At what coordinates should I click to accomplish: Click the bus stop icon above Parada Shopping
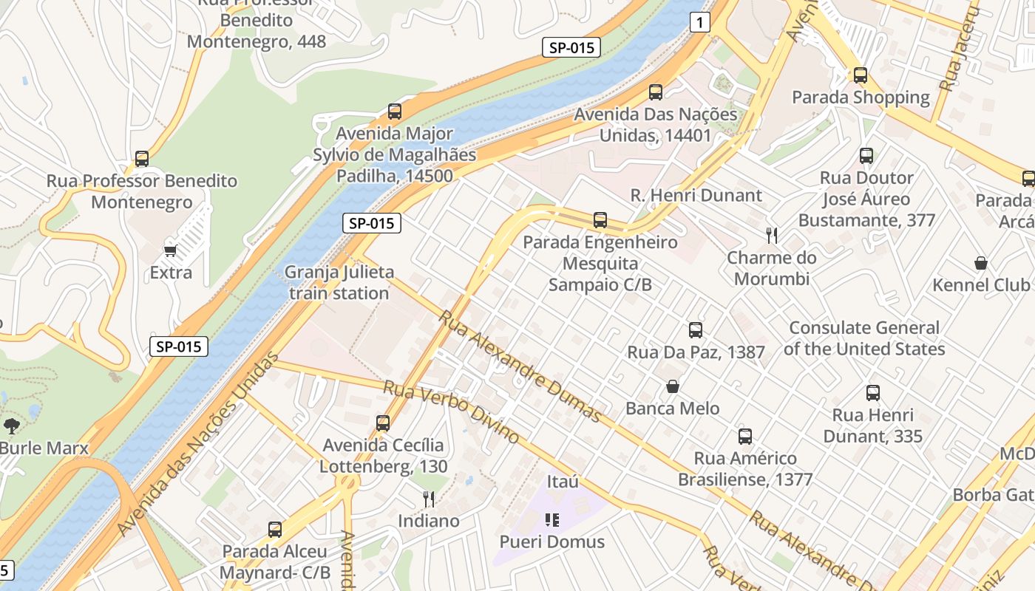click(860, 75)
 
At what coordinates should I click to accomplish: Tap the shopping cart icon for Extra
click(171, 250)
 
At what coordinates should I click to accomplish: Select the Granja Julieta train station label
click(339, 282)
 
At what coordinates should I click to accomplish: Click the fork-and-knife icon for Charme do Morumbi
click(772, 236)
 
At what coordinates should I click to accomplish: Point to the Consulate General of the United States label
click(864, 338)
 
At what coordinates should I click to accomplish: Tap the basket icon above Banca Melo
click(673, 386)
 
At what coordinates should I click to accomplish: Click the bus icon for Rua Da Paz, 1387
click(695, 330)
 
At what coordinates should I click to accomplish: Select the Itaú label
click(563, 482)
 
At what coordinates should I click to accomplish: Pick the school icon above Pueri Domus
click(552, 520)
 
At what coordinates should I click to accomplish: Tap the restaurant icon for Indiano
click(428, 499)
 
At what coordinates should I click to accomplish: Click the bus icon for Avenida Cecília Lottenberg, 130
click(383, 423)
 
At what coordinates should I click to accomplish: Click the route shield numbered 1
click(699, 23)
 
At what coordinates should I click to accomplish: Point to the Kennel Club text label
click(980, 285)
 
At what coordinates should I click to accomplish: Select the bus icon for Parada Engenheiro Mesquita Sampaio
click(600, 220)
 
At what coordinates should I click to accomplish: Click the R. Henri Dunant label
click(696, 196)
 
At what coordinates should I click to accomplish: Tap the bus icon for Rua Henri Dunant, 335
click(873, 393)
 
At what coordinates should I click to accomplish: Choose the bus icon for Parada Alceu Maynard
click(275, 530)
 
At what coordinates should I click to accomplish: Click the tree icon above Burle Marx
click(11, 426)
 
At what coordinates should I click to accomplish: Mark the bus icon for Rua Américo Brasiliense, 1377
click(745, 437)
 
